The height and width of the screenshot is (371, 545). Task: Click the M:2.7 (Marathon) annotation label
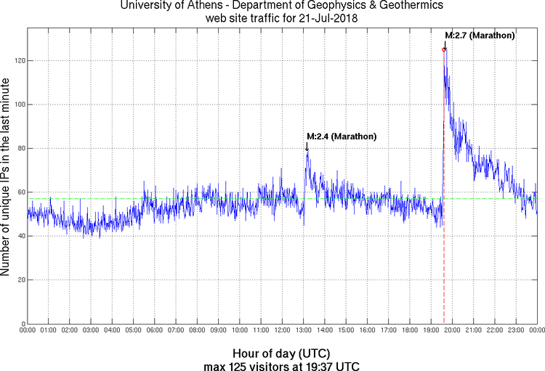(480, 35)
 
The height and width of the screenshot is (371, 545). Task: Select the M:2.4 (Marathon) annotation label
(342, 136)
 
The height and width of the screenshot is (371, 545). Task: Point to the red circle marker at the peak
(443, 49)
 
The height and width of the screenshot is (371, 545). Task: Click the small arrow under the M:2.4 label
(307, 147)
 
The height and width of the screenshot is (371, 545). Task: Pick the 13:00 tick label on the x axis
(304, 330)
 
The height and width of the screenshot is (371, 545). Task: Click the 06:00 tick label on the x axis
(155, 330)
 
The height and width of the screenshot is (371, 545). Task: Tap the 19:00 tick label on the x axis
(432, 330)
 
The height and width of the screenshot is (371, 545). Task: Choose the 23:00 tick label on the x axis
(517, 330)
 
